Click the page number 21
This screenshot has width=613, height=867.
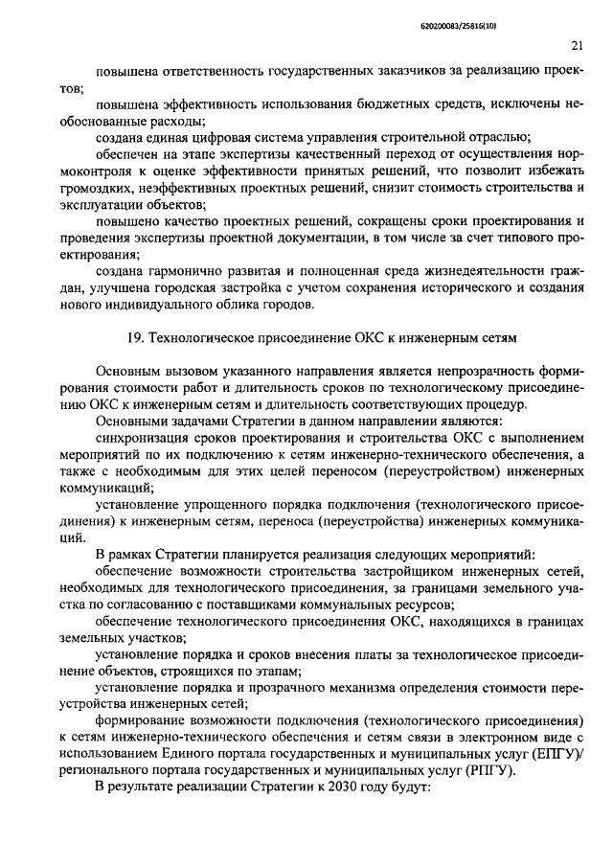[x=577, y=44]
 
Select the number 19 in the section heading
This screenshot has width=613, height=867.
[x=133, y=337]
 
